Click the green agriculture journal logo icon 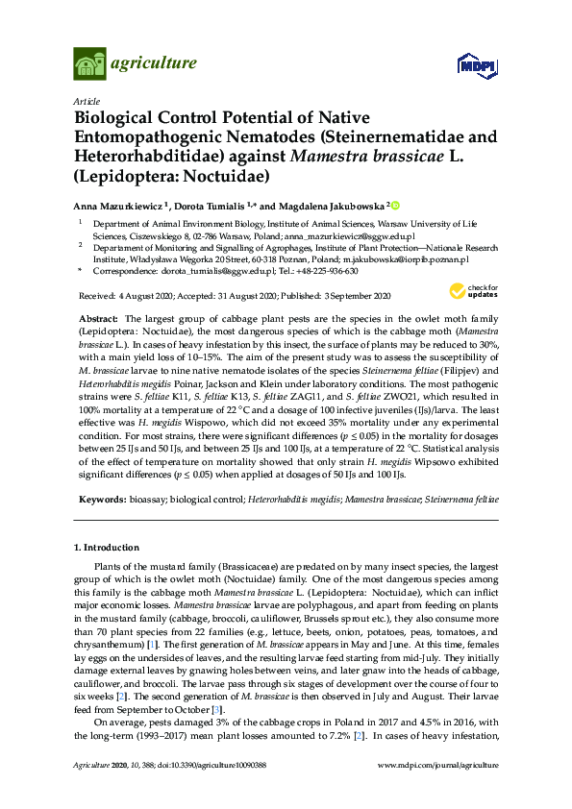click(x=89, y=65)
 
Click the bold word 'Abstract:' click(x=98, y=317)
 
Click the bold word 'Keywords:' click(x=101, y=500)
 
